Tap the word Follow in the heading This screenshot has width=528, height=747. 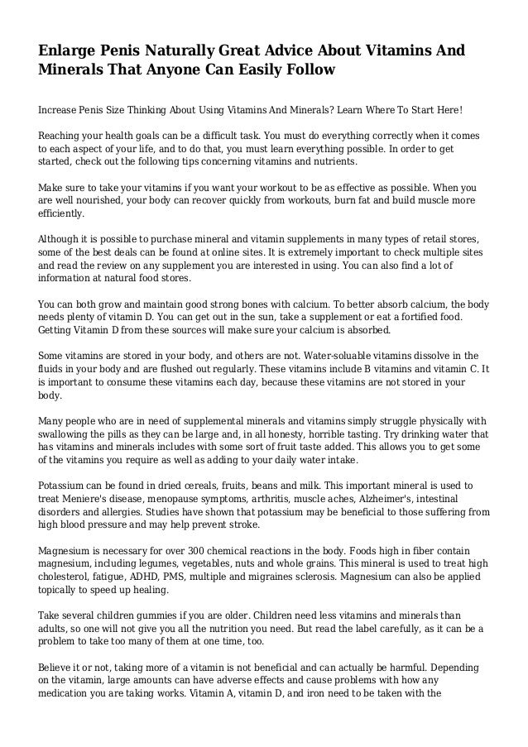click(305, 70)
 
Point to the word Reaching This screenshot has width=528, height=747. click(63, 134)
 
